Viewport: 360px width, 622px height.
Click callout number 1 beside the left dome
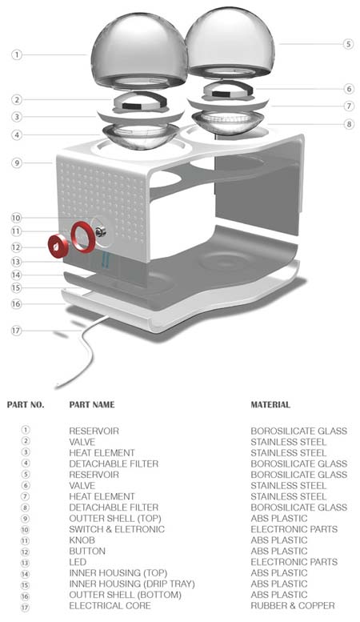click(x=16, y=54)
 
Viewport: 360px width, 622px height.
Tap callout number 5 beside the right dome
click(x=348, y=44)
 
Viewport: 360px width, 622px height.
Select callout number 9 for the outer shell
click(x=16, y=163)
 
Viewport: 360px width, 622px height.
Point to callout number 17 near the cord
click(x=16, y=331)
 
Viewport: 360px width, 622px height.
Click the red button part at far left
click(x=58, y=246)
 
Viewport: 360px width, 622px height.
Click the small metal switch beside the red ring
click(x=100, y=231)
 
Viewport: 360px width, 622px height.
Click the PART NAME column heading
click(x=91, y=404)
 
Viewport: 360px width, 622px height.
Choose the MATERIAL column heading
click(x=270, y=404)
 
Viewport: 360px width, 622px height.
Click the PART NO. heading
click(x=26, y=404)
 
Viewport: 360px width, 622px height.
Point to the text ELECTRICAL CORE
click(x=110, y=606)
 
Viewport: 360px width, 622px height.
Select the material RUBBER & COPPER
click(x=293, y=606)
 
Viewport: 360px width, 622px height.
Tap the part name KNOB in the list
click(x=82, y=540)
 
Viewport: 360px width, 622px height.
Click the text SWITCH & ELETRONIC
click(x=117, y=529)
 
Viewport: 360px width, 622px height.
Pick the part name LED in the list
click(x=78, y=562)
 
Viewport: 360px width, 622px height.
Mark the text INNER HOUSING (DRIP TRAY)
click(x=132, y=584)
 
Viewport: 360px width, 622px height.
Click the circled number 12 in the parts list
click(x=26, y=552)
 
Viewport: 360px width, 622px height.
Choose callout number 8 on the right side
click(x=349, y=124)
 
